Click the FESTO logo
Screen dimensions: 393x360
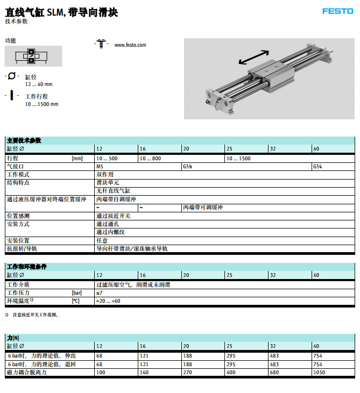(x=337, y=11)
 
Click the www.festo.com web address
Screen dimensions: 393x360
(x=130, y=45)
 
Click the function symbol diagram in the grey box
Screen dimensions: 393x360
(x=32, y=56)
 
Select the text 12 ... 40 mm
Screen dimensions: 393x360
(x=39, y=84)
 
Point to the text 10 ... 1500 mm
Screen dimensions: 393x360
(x=41, y=104)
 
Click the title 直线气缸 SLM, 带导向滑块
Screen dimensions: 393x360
(x=61, y=12)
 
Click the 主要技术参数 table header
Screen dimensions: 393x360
(x=24, y=140)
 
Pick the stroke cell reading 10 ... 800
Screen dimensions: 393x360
(x=150, y=159)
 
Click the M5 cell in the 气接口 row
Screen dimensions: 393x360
(x=100, y=167)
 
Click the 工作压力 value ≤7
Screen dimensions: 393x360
(x=99, y=292)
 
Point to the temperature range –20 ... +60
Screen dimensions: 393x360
(x=108, y=301)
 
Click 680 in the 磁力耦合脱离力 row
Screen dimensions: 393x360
(x=274, y=372)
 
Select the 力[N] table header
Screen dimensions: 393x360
(x=13, y=337)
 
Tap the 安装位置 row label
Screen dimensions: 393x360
(x=18, y=240)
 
